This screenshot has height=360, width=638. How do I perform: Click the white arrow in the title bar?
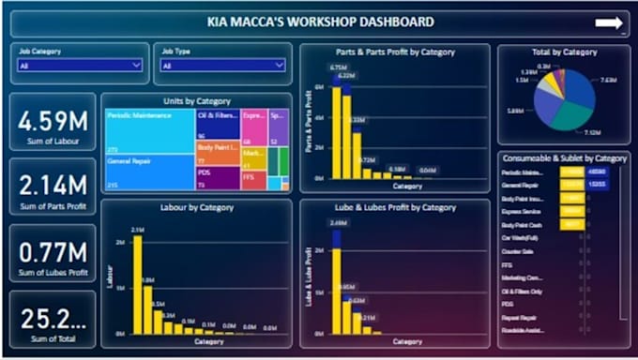click(x=609, y=22)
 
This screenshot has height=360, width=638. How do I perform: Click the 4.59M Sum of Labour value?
click(x=53, y=121)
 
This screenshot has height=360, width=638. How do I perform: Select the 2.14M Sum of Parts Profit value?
click(x=53, y=185)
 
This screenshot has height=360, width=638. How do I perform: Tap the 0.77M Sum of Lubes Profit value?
click(x=53, y=250)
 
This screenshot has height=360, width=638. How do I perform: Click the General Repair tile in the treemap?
click(x=148, y=172)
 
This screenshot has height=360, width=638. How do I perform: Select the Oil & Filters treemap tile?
click(x=217, y=122)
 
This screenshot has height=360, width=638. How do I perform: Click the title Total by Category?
click(x=564, y=52)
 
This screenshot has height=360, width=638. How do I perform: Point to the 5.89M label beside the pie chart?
click(x=515, y=111)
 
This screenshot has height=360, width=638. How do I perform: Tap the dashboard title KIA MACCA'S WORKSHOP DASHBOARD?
click(x=320, y=22)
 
